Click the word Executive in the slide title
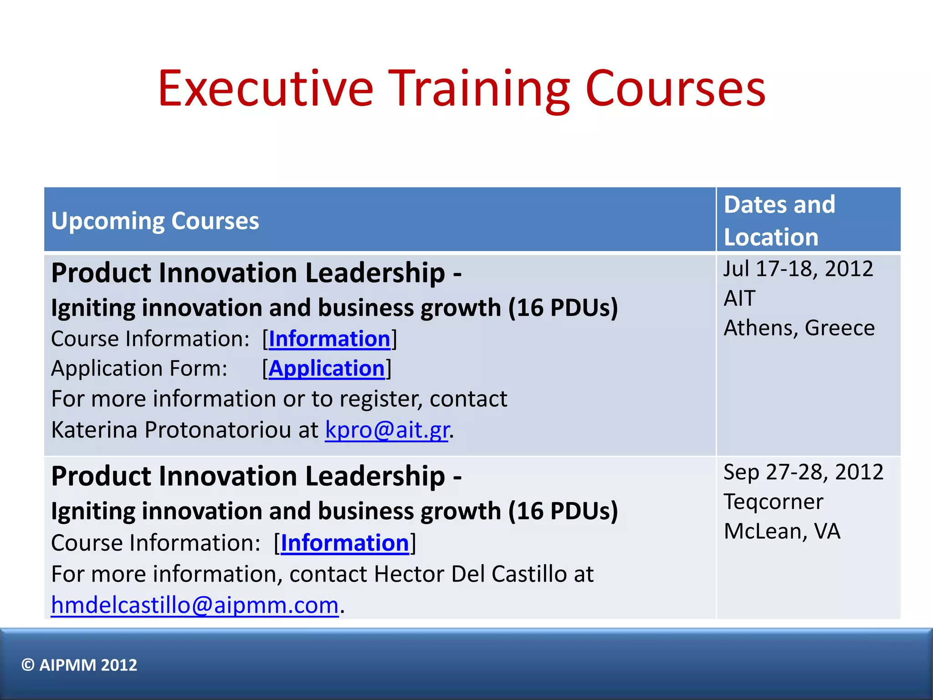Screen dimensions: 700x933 (265, 89)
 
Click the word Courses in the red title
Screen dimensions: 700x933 (675, 89)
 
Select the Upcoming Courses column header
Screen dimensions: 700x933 (155, 221)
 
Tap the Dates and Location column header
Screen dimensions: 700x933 (779, 221)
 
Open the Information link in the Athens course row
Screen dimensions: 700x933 (329, 339)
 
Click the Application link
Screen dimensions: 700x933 (327, 368)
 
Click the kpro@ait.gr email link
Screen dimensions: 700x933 (387, 430)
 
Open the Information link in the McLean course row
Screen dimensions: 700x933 (345, 543)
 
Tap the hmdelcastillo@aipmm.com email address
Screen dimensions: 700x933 (195, 605)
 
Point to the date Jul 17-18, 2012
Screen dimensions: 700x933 (798, 268)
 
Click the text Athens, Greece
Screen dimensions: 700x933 (799, 328)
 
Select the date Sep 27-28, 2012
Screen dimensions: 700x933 (803, 472)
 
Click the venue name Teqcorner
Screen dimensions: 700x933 (774, 502)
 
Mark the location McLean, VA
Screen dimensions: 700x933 (782, 531)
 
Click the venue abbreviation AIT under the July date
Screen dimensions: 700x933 (740, 299)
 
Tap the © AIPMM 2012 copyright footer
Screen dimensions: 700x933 (79, 665)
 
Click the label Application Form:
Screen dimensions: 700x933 (139, 368)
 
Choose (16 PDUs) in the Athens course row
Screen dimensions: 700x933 (563, 308)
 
